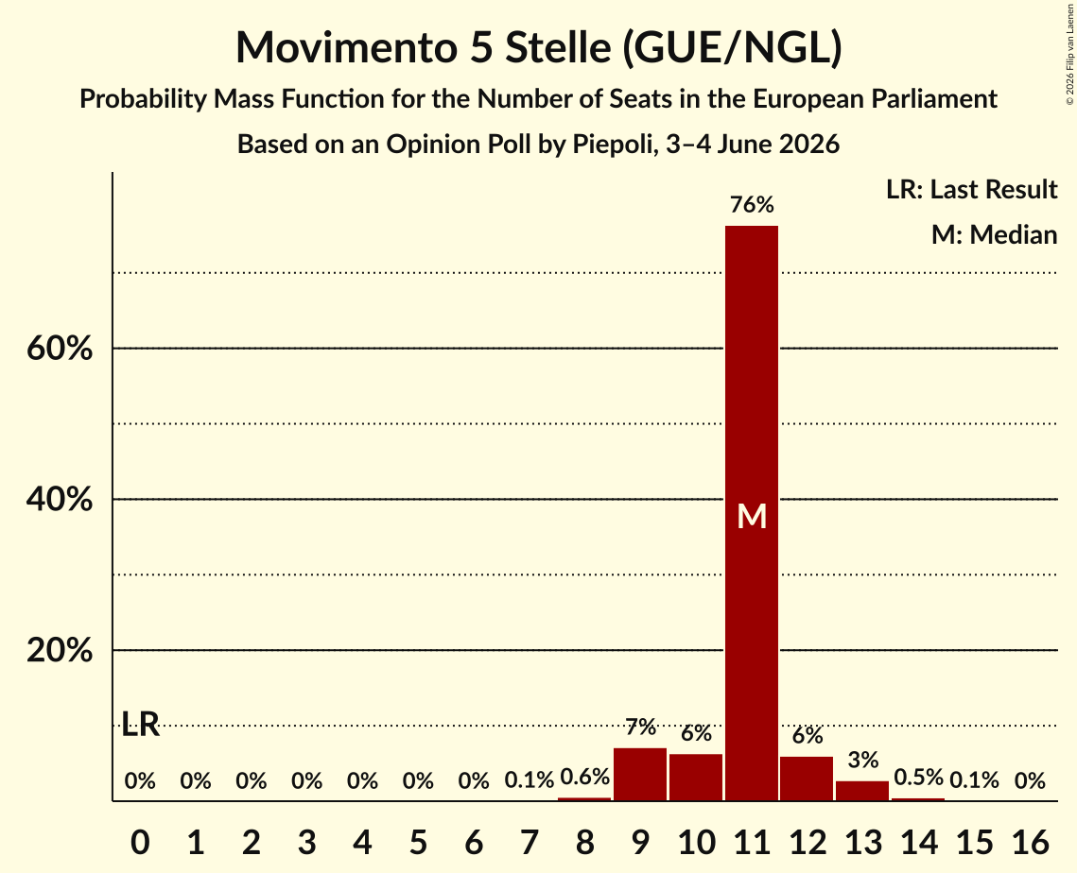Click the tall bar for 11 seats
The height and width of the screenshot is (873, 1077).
point(752,513)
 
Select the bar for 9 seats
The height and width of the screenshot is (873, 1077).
point(640,774)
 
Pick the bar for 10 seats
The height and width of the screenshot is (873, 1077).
point(696,777)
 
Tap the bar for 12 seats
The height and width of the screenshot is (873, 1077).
point(808,779)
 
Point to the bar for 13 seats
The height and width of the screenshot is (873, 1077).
point(862,791)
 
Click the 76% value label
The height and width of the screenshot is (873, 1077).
point(752,204)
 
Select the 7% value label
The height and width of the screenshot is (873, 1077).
point(640,727)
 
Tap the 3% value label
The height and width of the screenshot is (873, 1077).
point(862,760)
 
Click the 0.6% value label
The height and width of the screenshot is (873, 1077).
point(584,777)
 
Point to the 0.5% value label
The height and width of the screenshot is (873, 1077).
point(918,777)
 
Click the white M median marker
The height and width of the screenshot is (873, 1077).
point(752,516)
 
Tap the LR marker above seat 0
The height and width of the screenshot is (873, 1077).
point(140,724)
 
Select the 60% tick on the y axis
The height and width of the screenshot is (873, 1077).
point(60,349)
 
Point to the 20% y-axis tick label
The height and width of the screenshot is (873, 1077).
point(60,650)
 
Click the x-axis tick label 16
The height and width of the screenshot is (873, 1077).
point(1030,842)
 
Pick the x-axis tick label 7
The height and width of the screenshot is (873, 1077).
point(529,842)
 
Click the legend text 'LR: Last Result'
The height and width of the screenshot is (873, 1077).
point(971,189)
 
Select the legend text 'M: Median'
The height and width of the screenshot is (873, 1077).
point(994,234)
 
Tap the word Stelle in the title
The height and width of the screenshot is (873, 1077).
point(558,47)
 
